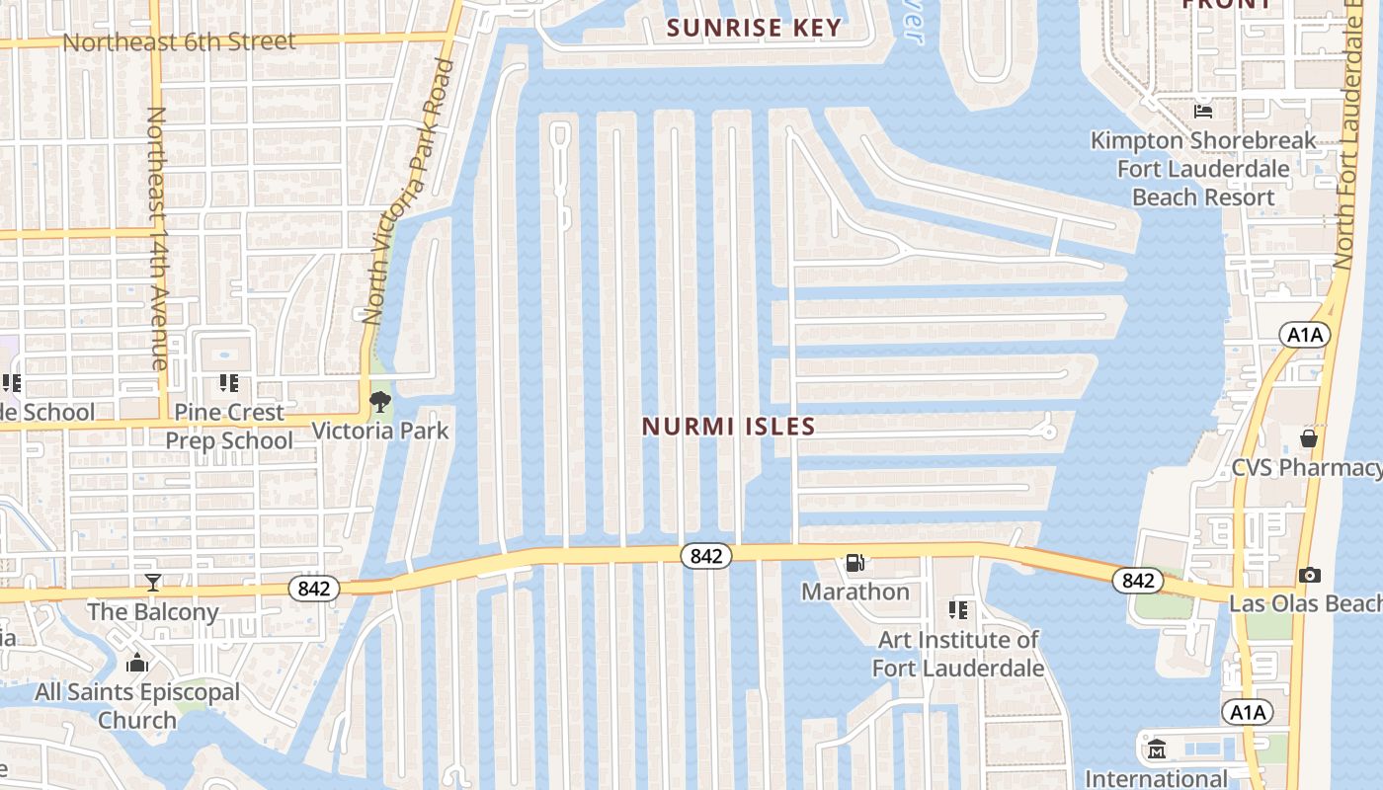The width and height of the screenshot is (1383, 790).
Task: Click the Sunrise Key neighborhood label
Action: [754, 28]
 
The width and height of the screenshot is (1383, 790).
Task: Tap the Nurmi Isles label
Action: [729, 427]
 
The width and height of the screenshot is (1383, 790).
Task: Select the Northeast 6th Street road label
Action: [179, 41]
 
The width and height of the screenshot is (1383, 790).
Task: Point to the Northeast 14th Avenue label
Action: [158, 237]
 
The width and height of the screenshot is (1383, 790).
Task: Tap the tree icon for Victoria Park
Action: [379, 402]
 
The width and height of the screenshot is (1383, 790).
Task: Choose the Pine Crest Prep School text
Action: [229, 426]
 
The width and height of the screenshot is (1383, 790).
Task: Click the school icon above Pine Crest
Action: [229, 383]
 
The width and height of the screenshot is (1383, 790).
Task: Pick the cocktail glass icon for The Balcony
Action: [153, 583]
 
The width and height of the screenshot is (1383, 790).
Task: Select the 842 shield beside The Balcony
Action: [314, 590]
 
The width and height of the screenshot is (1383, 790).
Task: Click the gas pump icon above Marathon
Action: [855, 563]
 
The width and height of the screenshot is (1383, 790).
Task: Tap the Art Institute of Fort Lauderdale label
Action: [958, 654]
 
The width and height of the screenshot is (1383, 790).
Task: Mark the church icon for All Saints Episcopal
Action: [137, 663]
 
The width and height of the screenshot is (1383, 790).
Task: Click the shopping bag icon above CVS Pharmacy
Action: [1309, 437]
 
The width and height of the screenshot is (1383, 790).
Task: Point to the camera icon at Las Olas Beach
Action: [1310, 575]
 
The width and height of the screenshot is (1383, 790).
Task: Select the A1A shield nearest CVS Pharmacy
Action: [1305, 335]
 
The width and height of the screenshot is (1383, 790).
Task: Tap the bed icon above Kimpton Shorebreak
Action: [1203, 111]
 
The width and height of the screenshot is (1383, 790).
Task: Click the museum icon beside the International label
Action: [1157, 750]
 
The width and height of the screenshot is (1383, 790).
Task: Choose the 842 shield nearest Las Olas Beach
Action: [1138, 581]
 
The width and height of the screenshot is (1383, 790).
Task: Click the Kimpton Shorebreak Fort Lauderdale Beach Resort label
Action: [1203, 169]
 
